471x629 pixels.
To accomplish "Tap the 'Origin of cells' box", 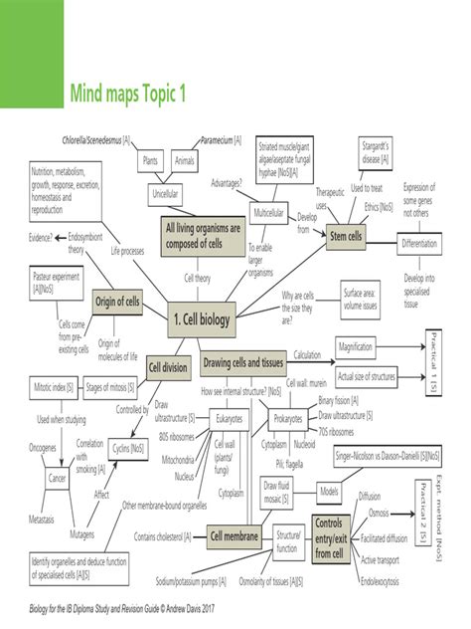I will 121,300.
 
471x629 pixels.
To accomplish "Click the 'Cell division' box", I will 167,367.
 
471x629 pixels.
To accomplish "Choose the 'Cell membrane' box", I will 235,537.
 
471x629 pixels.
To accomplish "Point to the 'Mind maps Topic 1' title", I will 127,94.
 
